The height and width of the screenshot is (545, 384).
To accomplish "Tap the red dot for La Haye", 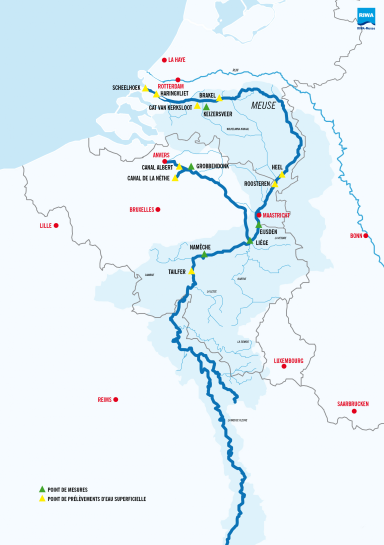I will [x=163, y=60].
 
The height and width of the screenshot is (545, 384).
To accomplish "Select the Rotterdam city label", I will [x=171, y=86].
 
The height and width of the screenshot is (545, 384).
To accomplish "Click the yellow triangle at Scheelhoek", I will [x=145, y=88].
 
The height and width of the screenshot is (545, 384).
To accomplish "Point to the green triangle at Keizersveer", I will [x=206, y=107].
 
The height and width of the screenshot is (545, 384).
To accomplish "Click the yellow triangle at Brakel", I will [x=219, y=98].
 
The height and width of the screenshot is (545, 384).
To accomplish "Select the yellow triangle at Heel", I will [x=281, y=174].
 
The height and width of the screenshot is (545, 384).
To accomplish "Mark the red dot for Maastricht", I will [x=258, y=215].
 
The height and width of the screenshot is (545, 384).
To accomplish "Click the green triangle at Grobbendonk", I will [x=191, y=166].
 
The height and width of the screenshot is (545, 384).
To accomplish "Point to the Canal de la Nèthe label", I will [x=148, y=178].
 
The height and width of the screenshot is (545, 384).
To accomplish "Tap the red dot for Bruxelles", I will [x=157, y=209].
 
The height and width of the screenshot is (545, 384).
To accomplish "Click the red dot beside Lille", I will [x=56, y=225].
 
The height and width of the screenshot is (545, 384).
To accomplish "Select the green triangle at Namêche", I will [x=204, y=254].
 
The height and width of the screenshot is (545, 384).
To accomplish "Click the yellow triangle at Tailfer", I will [x=191, y=271].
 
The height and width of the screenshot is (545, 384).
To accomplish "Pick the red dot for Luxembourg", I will [x=283, y=366].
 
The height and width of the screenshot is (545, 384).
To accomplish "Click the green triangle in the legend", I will [x=42, y=489].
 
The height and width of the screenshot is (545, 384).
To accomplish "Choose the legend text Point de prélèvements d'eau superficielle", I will [x=96, y=498].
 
